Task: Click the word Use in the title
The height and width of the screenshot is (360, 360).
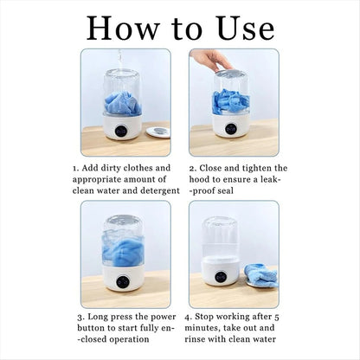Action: [246, 28]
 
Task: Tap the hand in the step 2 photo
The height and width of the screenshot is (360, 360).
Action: [210, 60]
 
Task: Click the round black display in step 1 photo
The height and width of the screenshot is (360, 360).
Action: [122, 131]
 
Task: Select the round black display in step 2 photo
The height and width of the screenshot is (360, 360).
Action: [231, 129]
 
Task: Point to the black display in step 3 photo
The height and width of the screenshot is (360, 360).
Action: [123, 281]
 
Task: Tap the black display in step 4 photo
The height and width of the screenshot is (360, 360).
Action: [221, 277]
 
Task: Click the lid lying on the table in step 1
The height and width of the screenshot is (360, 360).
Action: [157, 132]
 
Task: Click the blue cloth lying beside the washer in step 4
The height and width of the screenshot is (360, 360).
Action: [261, 275]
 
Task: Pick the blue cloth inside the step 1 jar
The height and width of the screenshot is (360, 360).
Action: [123, 103]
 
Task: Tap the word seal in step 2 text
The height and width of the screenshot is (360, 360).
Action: [225, 190]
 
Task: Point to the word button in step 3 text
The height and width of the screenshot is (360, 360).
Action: [91, 328]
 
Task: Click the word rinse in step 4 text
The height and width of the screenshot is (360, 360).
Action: [195, 339]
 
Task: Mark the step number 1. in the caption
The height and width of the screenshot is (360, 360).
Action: [76, 168]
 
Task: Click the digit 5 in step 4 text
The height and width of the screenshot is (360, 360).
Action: [277, 317]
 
